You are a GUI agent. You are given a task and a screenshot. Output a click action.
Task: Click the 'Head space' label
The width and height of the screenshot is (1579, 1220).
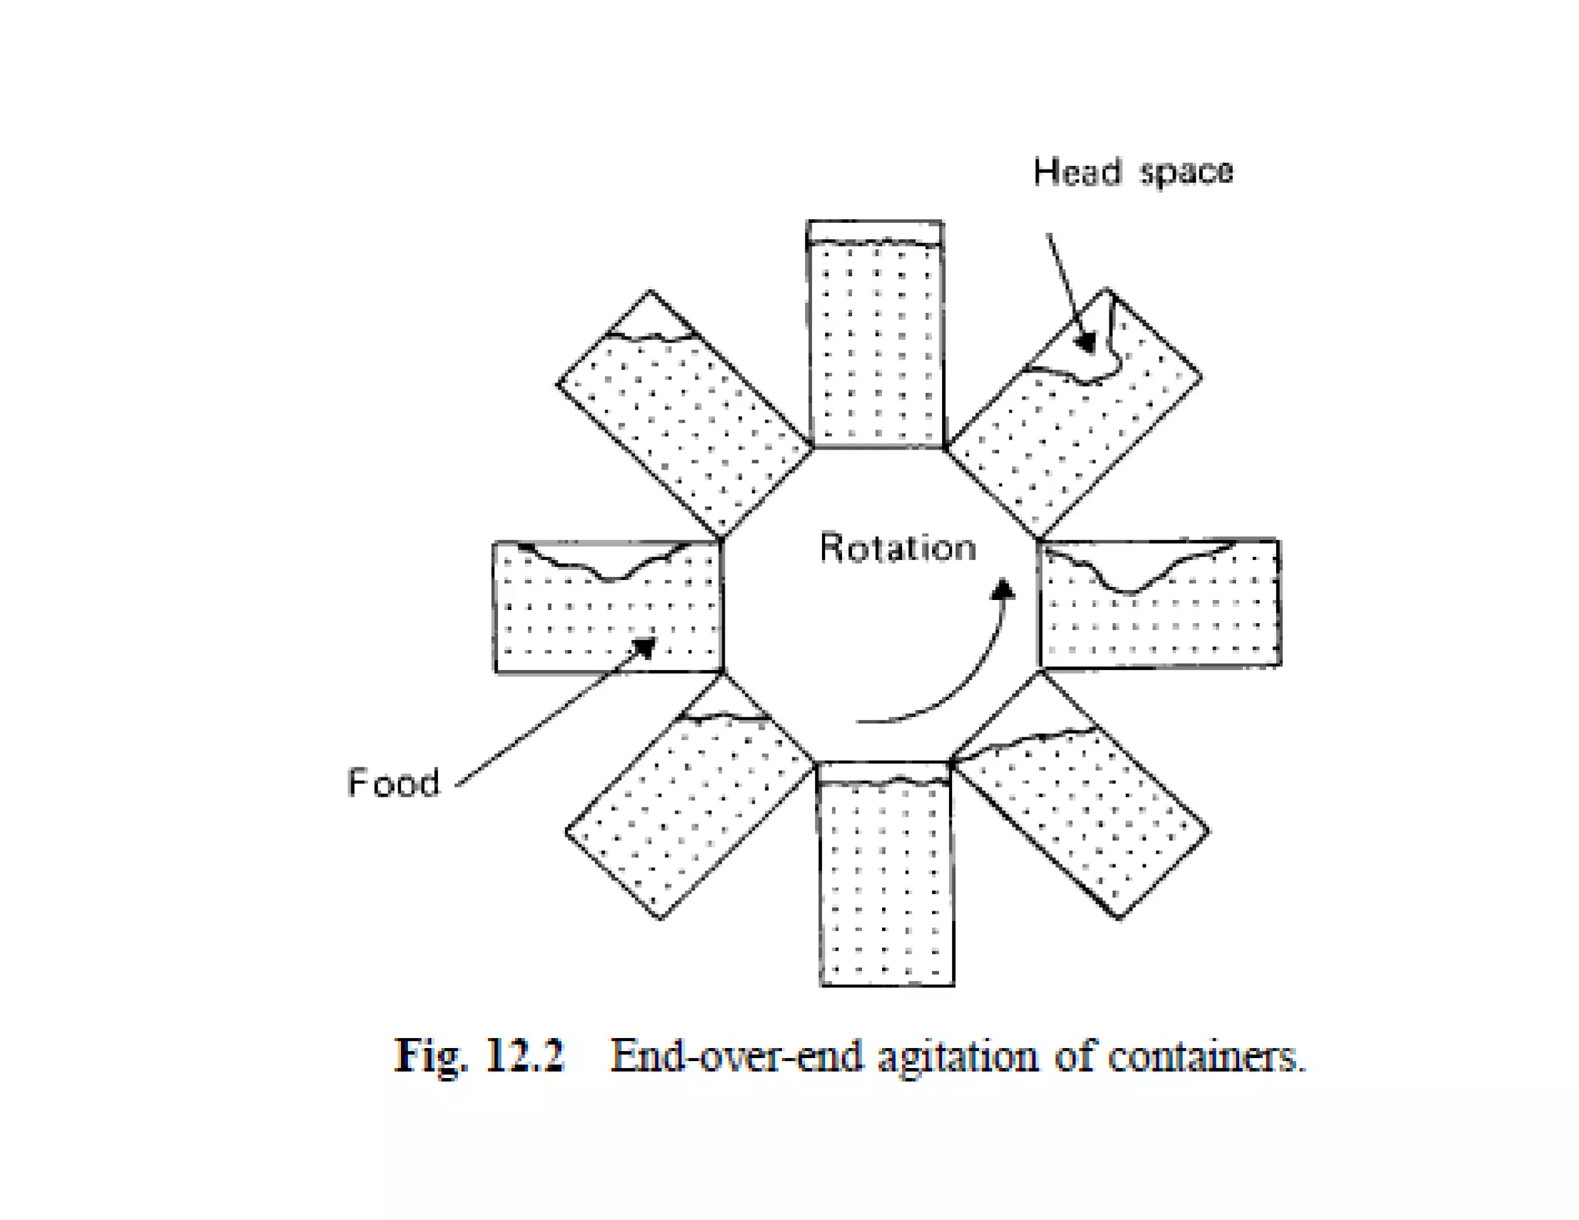(x=1133, y=171)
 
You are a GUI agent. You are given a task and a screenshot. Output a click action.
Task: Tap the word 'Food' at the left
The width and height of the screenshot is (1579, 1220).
(x=393, y=783)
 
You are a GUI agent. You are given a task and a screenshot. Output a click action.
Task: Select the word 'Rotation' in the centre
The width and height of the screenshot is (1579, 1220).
(x=897, y=548)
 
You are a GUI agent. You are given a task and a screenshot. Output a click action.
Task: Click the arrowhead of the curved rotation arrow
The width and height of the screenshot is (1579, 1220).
(x=1003, y=589)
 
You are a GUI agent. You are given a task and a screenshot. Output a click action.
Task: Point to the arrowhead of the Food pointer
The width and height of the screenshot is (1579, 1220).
(x=645, y=646)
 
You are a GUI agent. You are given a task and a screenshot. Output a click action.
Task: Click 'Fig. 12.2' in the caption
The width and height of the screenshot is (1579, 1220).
(x=480, y=1055)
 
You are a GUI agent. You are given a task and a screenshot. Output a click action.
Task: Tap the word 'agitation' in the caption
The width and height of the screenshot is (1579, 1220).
(x=958, y=1057)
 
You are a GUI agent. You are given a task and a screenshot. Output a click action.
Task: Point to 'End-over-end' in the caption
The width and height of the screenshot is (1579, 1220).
(x=736, y=1055)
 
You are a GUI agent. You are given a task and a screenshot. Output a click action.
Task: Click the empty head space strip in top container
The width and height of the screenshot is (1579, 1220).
(x=875, y=231)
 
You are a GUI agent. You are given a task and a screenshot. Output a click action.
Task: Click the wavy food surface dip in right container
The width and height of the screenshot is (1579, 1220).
(x=1130, y=589)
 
